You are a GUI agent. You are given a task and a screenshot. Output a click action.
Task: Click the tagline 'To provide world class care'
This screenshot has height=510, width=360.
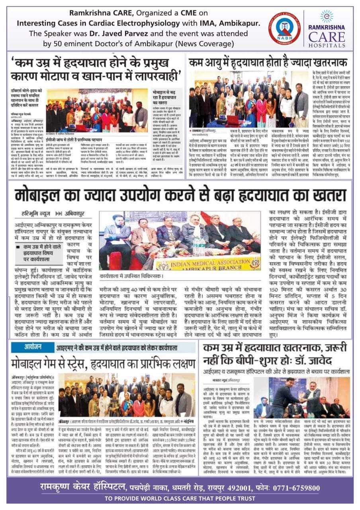point(180,499)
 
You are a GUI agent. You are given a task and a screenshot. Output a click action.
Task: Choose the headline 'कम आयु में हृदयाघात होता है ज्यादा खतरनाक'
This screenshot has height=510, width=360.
point(268,63)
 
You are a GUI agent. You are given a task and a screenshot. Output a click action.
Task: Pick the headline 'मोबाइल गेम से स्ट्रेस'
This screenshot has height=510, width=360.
point(103,361)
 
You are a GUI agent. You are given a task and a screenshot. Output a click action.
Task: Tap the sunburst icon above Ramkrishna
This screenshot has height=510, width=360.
point(326,16)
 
